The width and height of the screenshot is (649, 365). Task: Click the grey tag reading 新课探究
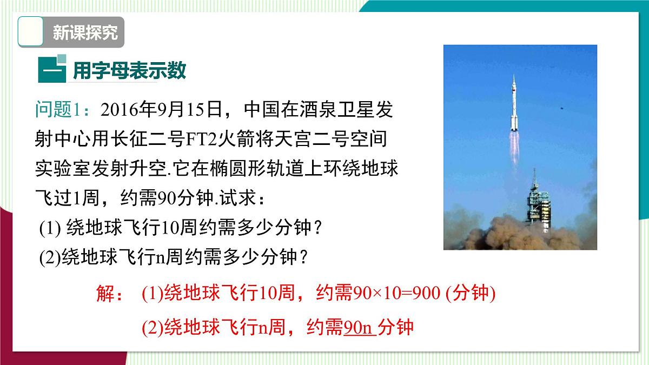coord(84,33)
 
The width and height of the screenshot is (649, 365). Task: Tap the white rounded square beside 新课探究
coord(31,32)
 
